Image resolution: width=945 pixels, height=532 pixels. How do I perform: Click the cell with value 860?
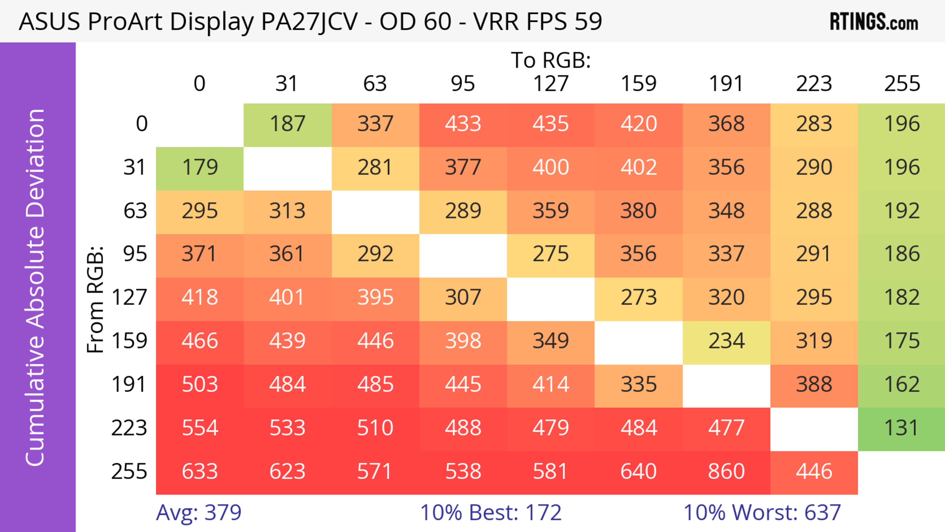[726, 471]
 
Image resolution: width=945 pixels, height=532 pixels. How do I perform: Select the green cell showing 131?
[902, 428]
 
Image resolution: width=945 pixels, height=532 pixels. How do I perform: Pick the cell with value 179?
[200, 167]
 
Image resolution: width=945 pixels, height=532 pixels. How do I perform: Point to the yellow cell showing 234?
[726, 341]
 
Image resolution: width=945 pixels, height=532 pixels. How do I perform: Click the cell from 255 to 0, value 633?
[200, 471]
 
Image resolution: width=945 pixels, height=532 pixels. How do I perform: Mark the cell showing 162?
[902, 385]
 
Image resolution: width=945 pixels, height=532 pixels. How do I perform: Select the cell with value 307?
[463, 297]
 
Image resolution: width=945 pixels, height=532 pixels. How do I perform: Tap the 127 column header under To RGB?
[551, 84]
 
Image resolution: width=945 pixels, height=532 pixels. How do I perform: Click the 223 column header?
[814, 84]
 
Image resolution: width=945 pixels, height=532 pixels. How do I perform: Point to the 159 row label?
[129, 341]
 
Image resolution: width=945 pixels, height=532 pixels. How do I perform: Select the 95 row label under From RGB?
[135, 254]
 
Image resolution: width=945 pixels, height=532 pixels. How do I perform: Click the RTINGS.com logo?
[874, 22]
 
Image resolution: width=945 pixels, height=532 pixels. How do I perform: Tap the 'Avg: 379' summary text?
[199, 513]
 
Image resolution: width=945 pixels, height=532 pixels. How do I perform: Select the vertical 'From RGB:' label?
[95, 299]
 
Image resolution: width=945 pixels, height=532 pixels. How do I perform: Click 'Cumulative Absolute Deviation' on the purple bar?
[36, 287]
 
